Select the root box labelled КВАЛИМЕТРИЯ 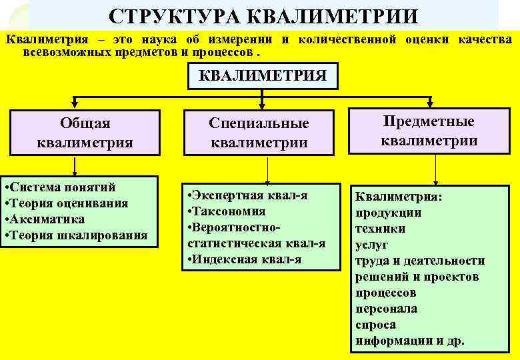(x=263, y=75)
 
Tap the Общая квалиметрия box (x=85, y=132)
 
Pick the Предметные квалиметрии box (x=429, y=131)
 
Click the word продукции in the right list (x=388, y=213)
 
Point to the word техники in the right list (x=381, y=229)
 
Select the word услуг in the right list (x=372, y=245)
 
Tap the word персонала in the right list (x=387, y=309)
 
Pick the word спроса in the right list (x=375, y=325)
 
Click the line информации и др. (x=409, y=341)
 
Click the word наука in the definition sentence (x=147, y=39)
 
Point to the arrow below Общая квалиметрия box (x=75, y=166)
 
